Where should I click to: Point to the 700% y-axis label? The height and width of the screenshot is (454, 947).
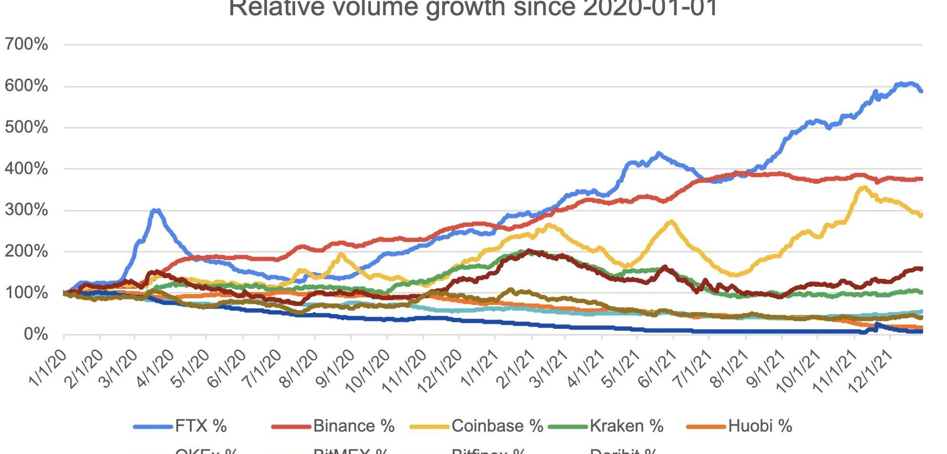point(27,44)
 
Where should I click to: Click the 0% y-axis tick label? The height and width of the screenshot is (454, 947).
point(36,334)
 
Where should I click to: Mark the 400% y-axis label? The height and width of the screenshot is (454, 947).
point(27,168)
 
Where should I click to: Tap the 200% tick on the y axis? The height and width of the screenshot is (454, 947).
point(27,251)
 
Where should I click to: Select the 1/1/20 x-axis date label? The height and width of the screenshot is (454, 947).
point(48,367)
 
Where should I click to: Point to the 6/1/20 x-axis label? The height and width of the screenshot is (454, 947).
point(227,367)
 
